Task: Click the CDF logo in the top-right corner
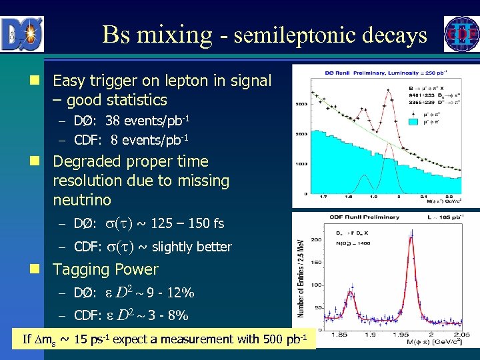[x=461, y=34]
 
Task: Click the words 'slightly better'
[x=192, y=247]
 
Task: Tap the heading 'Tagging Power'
[x=105, y=270]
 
